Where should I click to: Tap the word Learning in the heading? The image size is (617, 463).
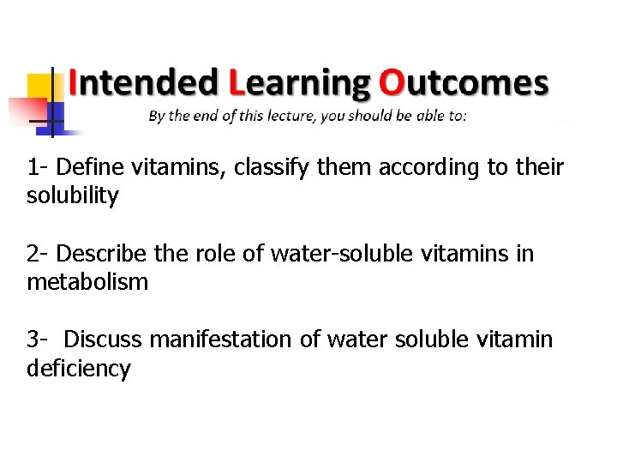(299, 83)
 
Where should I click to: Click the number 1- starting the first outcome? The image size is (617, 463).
(37, 167)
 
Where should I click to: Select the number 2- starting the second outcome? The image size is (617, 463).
(37, 254)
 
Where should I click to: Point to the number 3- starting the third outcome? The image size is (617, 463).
(37, 340)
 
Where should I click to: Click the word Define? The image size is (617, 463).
(89, 167)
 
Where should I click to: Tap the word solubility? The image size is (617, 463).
(73, 196)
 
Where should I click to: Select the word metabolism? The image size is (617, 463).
(87, 282)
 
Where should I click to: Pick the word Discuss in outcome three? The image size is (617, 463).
(102, 340)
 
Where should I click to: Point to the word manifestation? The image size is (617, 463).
(221, 340)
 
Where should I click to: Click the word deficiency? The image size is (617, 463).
(79, 370)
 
